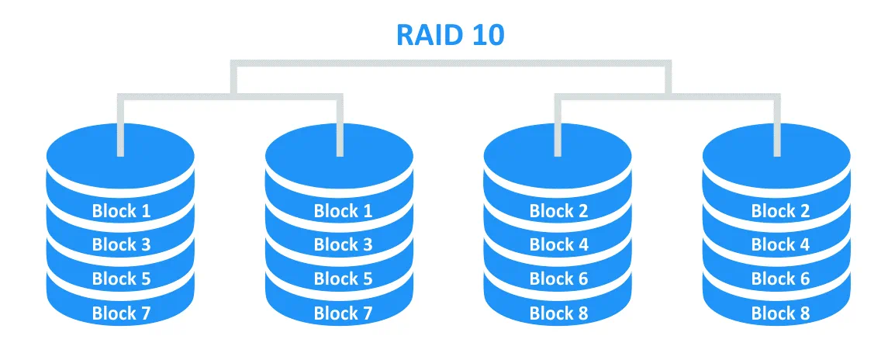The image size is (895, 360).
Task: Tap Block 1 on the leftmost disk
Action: (x=121, y=210)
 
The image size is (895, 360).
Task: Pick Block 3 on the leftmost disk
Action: (x=121, y=244)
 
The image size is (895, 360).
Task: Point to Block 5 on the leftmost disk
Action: (x=121, y=279)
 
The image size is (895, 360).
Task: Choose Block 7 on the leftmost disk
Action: (x=121, y=313)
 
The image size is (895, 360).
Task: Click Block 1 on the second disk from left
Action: (x=343, y=210)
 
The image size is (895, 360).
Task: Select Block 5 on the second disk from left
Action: (x=343, y=279)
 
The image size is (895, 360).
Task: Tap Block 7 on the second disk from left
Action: (x=343, y=313)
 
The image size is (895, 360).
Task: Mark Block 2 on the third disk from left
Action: (x=558, y=210)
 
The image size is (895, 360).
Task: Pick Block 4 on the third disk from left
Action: (x=558, y=244)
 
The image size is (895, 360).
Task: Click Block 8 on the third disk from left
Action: (x=558, y=313)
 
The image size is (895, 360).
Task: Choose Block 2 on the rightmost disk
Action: (x=780, y=210)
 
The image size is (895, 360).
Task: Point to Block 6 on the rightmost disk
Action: (x=780, y=279)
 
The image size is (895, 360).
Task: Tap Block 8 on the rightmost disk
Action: (x=780, y=313)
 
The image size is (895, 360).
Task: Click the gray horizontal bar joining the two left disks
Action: (x=230, y=96)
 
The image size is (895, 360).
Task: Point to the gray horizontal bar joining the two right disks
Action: (x=667, y=96)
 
